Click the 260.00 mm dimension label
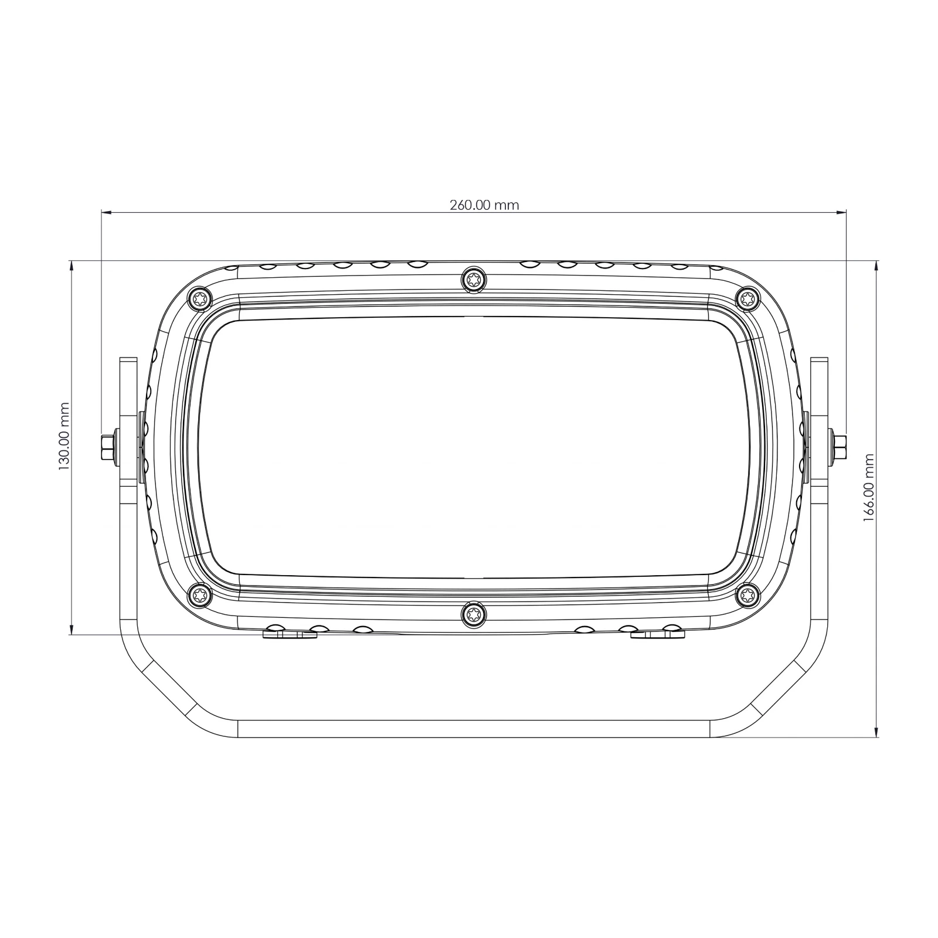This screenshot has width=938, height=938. (484, 205)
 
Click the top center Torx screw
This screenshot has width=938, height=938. (474, 279)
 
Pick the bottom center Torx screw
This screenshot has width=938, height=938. (474, 614)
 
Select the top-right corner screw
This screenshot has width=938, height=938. (748, 299)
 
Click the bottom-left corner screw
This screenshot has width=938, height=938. (199, 596)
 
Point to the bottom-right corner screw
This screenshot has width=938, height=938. (748, 596)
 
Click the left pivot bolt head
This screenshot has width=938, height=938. (108, 447)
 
